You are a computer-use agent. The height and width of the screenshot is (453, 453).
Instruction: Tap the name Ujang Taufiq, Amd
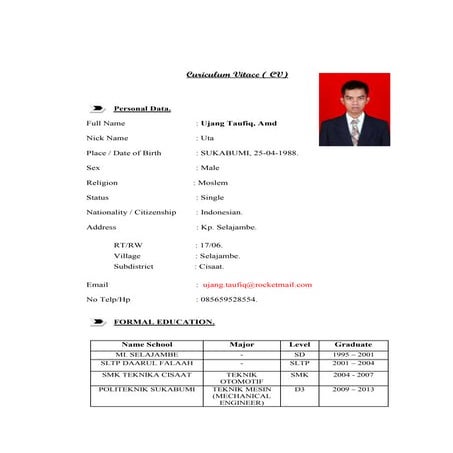[238, 123]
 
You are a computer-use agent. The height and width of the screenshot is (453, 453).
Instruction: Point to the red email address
[257, 284]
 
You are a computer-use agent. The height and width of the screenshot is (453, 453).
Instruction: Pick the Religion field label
[102, 183]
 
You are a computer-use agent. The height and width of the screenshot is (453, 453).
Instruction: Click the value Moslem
[213, 183]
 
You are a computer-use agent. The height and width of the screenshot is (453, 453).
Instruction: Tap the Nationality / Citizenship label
[131, 212]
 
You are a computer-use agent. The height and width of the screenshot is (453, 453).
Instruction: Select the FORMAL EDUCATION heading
[164, 322]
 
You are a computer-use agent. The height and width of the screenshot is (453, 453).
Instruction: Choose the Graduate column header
[353, 344]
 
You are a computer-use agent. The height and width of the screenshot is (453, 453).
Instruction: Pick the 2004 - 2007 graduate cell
[353, 372]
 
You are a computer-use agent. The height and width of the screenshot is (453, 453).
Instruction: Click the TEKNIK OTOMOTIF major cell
[241, 376]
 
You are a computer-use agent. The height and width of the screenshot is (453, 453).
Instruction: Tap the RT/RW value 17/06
[211, 244]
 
